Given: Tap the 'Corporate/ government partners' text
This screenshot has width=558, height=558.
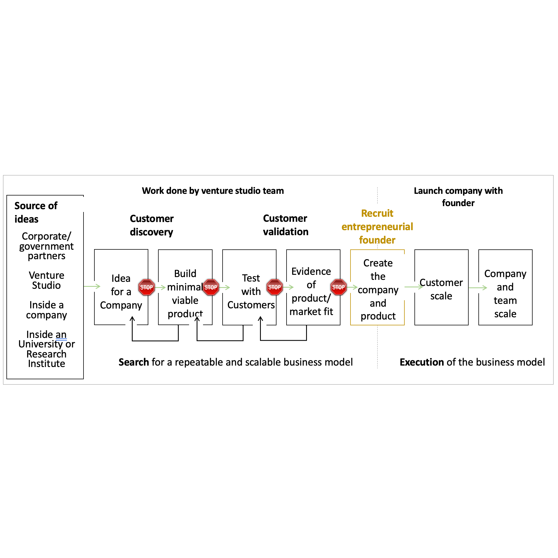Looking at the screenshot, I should (46, 246).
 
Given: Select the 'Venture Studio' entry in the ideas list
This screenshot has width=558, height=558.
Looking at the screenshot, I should (46, 280).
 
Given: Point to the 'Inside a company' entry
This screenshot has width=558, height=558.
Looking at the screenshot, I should (46, 310).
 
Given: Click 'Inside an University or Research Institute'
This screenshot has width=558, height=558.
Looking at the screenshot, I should (46, 349).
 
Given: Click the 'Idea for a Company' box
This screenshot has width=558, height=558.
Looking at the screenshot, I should (121, 292).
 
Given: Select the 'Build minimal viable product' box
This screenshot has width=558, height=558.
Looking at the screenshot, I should (185, 294).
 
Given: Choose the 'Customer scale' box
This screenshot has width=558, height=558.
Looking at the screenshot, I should (441, 289).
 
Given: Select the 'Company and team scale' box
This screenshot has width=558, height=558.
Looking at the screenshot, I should (505, 294).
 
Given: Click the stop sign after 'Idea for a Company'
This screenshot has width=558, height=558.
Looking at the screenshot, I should (146, 287).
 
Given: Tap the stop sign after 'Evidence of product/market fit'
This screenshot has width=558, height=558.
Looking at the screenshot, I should (338, 287).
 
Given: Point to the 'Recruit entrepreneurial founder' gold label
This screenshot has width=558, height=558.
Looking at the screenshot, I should (377, 227).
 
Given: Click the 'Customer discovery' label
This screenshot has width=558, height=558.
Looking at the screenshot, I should (152, 225).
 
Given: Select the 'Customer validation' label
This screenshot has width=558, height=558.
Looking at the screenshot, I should (285, 225).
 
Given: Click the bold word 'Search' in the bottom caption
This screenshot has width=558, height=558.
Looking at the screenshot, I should (134, 362).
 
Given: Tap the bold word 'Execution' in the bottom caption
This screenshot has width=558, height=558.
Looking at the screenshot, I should (422, 362).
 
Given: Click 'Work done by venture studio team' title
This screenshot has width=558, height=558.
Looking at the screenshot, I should (213, 191).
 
